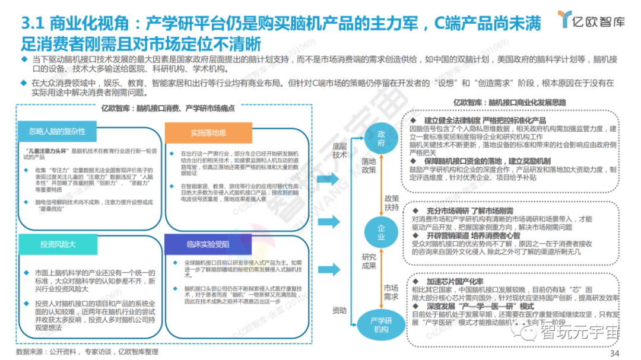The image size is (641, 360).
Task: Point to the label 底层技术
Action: coord(339,149)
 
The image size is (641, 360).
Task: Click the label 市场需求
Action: coord(390,291)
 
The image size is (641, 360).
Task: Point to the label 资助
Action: coord(339,310)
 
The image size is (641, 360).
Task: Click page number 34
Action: coord(614,353)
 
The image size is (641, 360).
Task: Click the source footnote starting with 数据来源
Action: coord(87,352)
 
